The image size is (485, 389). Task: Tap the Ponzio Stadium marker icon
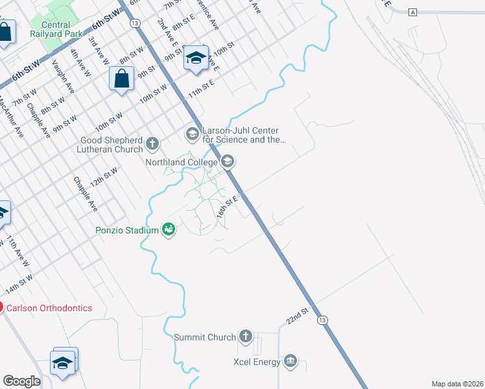[x=169, y=230]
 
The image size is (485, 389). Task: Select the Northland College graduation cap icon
[x=228, y=161]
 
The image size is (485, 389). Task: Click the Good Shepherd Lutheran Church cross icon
[x=152, y=143]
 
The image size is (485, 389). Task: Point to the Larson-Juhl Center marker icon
[x=192, y=134]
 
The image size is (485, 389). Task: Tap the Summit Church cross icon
[x=245, y=336]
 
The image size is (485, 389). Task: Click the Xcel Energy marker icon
[x=290, y=361]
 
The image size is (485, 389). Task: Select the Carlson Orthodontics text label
[x=49, y=308]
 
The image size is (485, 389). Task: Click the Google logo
[x=21, y=381]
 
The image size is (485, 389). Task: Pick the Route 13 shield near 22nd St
[x=322, y=320]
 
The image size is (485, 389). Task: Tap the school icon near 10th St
[x=195, y=58]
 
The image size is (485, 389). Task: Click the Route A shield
[x=413, y=12]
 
